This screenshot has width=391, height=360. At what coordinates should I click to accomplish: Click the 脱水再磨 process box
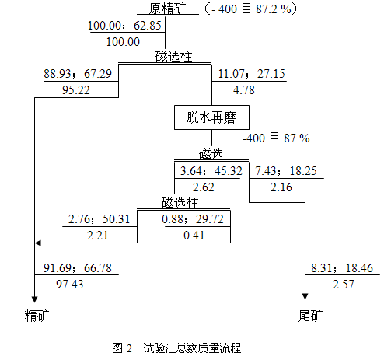(211, 117)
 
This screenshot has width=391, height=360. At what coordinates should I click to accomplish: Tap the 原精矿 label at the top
(167, 9)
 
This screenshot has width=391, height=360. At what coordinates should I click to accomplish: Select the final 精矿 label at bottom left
(37, 316)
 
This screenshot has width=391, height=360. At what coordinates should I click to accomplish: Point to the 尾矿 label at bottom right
(310, 316)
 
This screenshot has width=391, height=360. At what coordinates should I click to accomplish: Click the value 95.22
(76, 90)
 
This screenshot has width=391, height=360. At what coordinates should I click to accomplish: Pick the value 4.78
(244, 90)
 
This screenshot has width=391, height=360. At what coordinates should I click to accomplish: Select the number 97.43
(70, 285)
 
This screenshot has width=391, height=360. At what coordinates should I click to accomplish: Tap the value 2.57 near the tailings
(344, 285)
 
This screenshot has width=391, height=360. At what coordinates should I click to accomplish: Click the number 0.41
(194, 236)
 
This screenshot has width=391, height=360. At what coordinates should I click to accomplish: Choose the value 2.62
(204, 187)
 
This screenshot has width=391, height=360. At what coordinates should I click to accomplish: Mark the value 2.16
(281, 187)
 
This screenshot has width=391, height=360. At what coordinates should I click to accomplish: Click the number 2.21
(97, 236)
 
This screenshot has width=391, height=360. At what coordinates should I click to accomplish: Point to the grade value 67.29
(98, 74)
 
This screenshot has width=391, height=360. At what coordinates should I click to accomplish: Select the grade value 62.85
(148, 26)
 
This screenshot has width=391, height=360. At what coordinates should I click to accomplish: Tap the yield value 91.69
(58, 268)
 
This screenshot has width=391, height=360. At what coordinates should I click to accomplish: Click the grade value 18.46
(359, 268)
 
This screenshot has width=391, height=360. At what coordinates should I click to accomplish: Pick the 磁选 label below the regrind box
(211, 154)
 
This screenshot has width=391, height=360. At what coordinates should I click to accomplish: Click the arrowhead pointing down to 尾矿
(305, 296)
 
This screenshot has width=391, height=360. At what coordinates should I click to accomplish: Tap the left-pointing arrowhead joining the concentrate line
(38, 243)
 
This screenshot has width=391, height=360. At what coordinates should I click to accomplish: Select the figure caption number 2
(129, 348)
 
